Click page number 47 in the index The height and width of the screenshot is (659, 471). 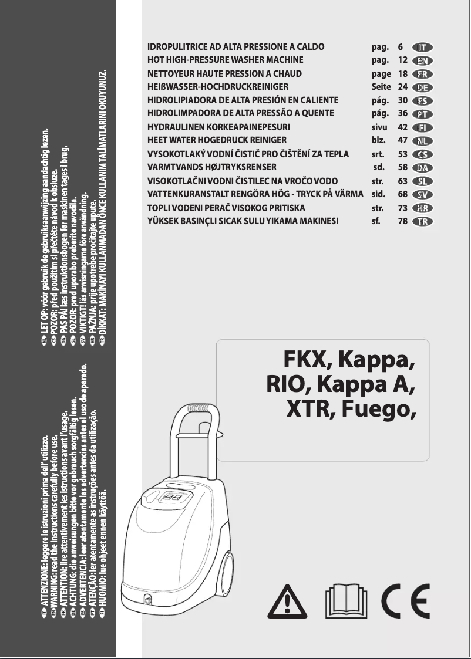tap(403, 140)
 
